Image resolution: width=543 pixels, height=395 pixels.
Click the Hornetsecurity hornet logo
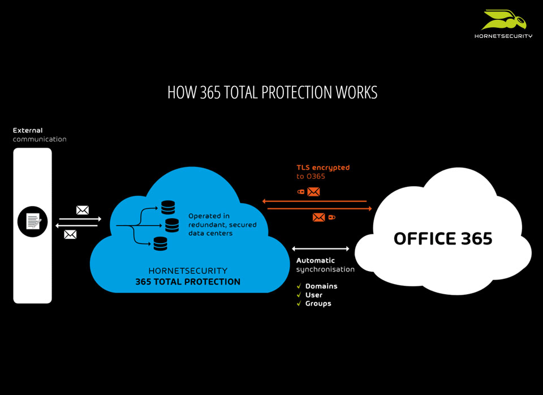click(503, 21)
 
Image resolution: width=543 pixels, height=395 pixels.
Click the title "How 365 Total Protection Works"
click(272, 92)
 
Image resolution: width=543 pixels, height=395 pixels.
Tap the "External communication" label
click(40, 135)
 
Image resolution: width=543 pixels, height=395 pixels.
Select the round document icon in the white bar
click(33, 221)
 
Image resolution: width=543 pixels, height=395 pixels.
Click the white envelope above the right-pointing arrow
click(83, 210)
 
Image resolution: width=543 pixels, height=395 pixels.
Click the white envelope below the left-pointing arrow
click(70, 234)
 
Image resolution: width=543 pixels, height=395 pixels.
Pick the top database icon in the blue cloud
click(168, 207)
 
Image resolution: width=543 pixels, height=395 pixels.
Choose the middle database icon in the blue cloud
click(171, 226)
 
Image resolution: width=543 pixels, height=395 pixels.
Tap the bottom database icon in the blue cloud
click(161, 244)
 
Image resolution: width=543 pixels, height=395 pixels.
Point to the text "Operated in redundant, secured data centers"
click(222, 225)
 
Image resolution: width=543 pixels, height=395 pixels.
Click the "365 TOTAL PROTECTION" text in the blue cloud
click(188, 282)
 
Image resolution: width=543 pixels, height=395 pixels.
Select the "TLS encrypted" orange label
click(323, 168)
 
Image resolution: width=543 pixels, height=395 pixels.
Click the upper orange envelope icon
click(313, 192)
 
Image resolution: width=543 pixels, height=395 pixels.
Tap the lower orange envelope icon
click(318, 217)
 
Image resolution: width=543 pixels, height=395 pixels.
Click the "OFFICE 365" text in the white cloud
click(443, 238)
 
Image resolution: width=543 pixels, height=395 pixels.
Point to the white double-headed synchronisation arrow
click(321, 248)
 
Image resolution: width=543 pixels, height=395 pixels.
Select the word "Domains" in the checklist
click(321, 286)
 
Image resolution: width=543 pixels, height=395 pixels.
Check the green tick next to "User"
click(299, 295)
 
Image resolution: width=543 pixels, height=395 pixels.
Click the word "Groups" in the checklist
click(318, 303)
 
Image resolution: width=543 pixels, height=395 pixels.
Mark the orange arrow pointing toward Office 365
click(319, 209)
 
